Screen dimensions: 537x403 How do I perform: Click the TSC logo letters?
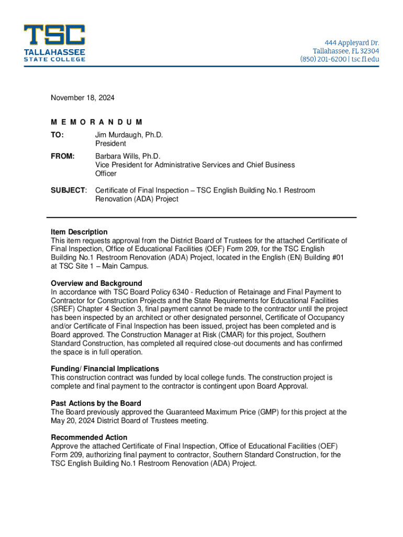point(54,36)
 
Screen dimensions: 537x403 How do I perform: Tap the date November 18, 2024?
point(82,98)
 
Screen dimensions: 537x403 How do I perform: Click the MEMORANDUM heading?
point(97,122)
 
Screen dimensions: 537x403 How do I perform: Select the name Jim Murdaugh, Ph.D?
point(129,135)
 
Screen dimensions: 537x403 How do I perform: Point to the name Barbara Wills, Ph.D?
point(128,156)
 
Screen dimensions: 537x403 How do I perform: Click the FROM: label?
point(63,156)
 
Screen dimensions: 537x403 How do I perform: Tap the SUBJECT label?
point(68,190)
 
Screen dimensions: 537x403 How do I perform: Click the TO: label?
point(57,135)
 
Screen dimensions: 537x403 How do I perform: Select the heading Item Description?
point(79,232)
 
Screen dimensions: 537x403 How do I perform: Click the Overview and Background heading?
point(96,283)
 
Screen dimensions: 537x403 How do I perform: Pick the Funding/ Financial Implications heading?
point(105,369)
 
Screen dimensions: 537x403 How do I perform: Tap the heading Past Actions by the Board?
point(96,403)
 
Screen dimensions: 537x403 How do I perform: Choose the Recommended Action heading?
point(89,437)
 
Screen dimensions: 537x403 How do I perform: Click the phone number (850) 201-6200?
point(323,59)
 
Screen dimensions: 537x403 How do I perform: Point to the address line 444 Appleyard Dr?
point(351,42)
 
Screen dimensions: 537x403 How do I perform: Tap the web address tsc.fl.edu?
point(365,59)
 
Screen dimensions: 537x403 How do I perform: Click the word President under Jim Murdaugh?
point(110,144)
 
